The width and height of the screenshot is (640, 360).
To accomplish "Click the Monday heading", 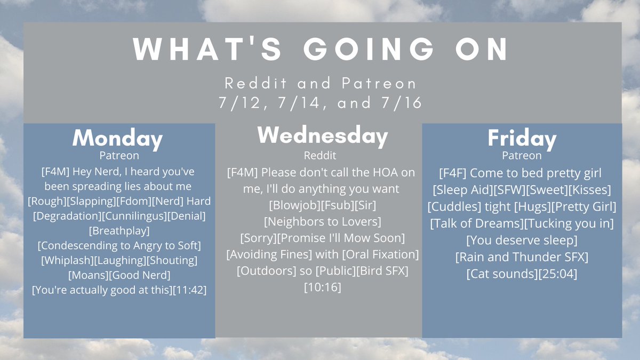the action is [x=117, y=139].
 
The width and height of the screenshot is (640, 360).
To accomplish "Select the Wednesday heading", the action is [x=323, y=136].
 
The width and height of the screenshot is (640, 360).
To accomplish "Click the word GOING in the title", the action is [x=369, y=49].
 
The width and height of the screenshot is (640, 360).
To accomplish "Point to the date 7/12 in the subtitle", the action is [x=239, y=102].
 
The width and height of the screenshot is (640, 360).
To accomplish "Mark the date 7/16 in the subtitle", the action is [x=401, y=102].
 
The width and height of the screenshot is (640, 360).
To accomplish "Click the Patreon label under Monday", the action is [x=119, y=156].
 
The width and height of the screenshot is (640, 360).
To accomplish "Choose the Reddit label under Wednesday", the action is [x=320, y=156].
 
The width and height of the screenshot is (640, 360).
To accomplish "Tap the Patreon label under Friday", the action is [x=522, y=156].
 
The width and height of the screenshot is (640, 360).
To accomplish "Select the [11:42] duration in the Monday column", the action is [x=190, y=290].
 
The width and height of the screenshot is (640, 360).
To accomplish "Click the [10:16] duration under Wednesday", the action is [x=323, y=287].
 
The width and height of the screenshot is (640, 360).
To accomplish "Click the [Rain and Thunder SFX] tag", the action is [x=522, y=257].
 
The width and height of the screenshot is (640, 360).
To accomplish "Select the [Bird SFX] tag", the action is [x=382, y=271].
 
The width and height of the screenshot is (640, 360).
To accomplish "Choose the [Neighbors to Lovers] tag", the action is [x=323, y=222].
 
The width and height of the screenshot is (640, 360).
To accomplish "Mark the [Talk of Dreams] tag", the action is [x=477, y=223].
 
